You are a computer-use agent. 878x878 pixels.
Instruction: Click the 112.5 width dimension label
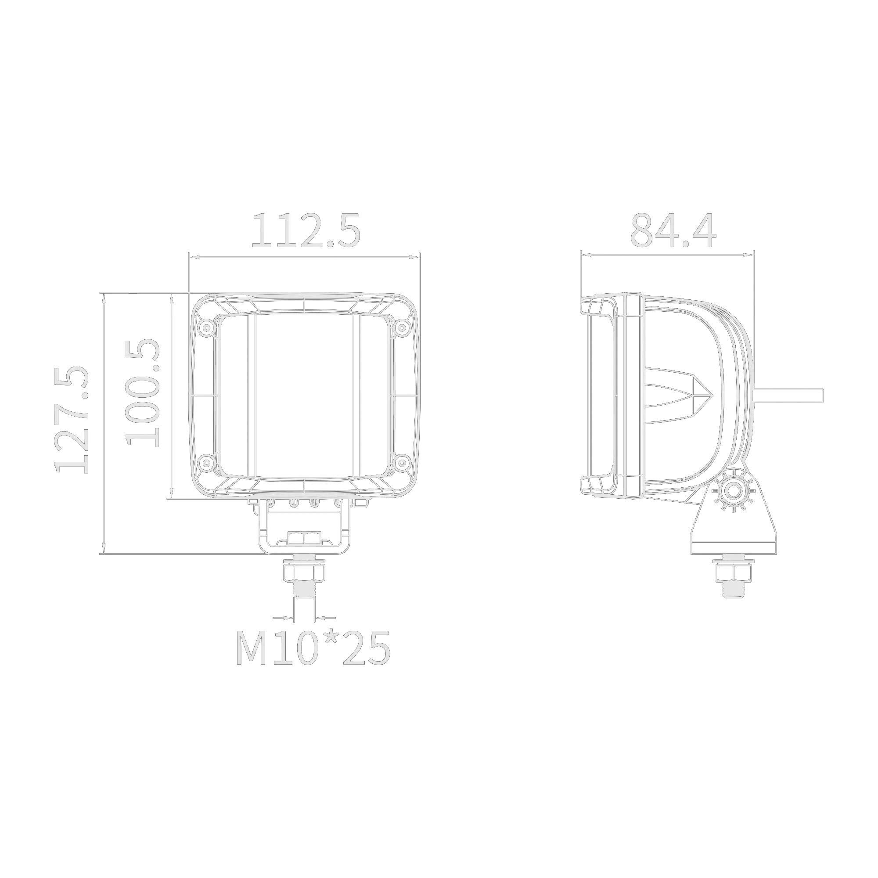(306, 230)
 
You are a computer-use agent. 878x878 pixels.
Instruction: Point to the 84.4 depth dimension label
(673, 230)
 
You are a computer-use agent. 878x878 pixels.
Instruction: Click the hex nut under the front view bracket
(304, 571)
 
